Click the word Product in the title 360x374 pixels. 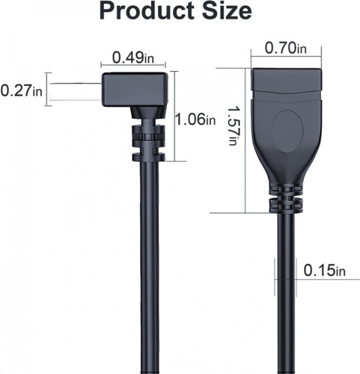point(139,12)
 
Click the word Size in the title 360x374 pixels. point(224,12)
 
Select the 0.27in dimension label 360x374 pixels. point(22,91)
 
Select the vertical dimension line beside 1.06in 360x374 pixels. point(175,116)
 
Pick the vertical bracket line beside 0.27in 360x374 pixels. point(48,90)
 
